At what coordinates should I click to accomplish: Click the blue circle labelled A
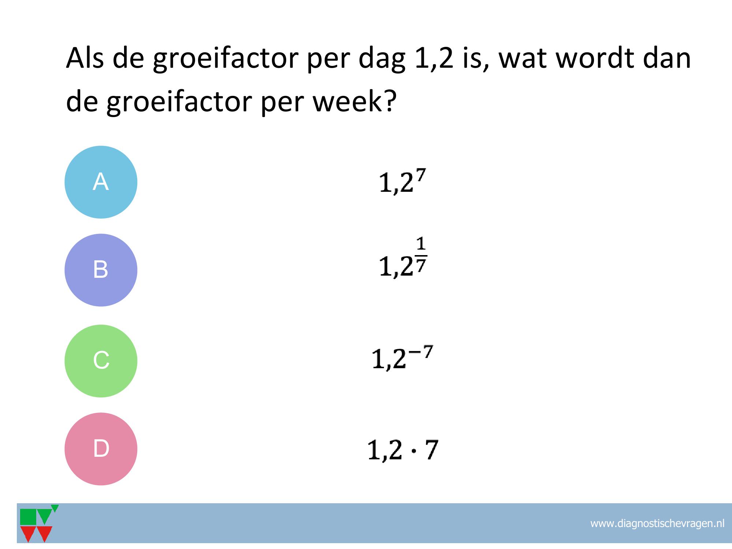(x=101, y=182)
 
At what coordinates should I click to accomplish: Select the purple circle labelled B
(x=101, y=270)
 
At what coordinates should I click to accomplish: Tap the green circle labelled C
(x=101, y=361)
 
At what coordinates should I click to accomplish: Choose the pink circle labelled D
(x=101, y=449)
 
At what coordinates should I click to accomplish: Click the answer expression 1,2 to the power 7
(x=403, y=182)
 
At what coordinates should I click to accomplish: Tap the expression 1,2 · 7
(x=403, y=450)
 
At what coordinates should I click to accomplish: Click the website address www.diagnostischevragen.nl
(x=657, y=524)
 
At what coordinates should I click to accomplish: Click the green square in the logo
(x=28, y=517)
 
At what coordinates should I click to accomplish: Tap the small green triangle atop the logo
(x=55, y=508)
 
